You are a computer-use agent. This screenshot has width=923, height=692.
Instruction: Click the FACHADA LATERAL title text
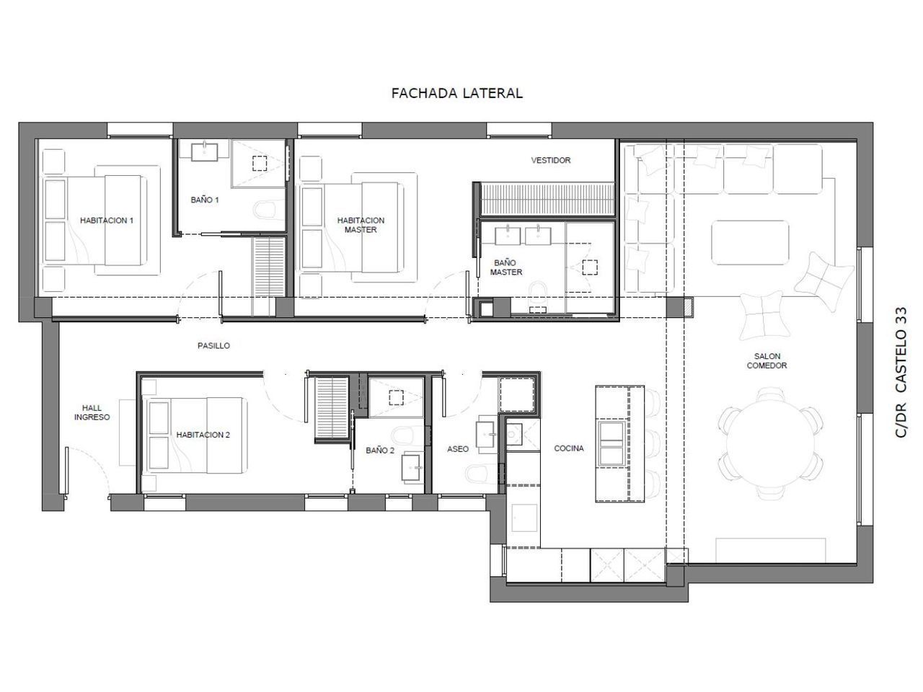(456, 93)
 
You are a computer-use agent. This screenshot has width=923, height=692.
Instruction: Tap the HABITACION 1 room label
(107, 221)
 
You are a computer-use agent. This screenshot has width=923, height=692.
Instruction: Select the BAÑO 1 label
(204, 200)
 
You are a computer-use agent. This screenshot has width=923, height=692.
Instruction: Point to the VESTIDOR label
(550, 160)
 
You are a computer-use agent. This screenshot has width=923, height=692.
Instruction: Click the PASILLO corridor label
(213, 346)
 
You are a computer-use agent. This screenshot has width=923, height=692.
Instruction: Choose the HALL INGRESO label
(92, 412)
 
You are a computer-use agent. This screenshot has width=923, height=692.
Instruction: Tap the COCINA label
(568, 448)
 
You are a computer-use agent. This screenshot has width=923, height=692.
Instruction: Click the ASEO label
(457, 449)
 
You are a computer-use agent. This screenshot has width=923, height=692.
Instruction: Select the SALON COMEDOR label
(767, 361)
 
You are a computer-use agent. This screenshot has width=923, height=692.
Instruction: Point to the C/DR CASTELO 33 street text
(901, 373)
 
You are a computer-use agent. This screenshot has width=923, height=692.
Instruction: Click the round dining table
(770, 444)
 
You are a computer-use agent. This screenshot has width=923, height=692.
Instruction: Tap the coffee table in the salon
(750, 242)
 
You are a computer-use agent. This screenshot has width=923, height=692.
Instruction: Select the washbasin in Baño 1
(205, 151)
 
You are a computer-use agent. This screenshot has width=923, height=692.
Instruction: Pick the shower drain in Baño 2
(396, 397)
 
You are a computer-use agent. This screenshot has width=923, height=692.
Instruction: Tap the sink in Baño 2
(411, 466)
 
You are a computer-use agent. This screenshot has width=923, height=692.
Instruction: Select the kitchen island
(620, 444)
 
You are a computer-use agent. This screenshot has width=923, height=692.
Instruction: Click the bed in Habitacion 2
(195, 435)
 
